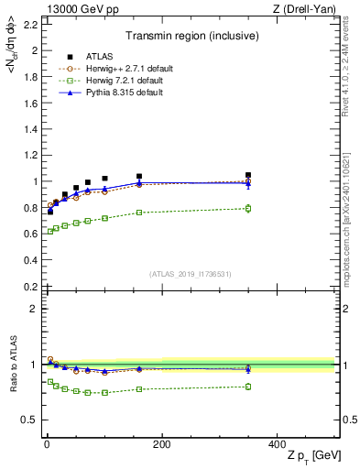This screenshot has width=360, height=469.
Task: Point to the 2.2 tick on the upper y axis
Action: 32,24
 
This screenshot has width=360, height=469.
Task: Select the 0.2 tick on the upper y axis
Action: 32,287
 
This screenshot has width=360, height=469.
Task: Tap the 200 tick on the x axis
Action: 161,444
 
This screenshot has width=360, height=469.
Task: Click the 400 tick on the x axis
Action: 277,444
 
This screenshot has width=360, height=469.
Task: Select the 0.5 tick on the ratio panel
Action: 32,420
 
